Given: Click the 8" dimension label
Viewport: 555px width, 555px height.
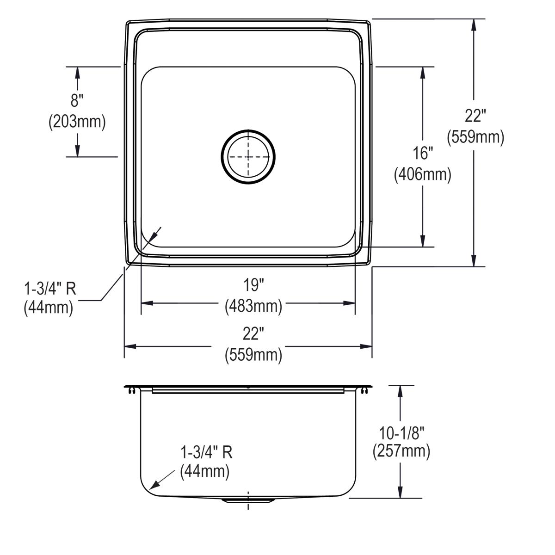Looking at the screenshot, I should click(x=77, y=100).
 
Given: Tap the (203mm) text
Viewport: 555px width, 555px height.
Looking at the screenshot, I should click(x=77, y=122).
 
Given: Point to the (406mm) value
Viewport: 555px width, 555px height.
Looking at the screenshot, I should click(x=423, y=174).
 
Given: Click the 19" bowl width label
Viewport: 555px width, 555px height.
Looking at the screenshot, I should click(x=253, y=285).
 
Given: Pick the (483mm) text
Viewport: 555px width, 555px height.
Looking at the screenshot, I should click(x=253, y=306).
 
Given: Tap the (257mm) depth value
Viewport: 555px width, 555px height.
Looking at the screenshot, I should click(x=401, y=451).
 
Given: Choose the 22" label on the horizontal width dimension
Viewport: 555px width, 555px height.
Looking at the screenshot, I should click(x=253, y=333).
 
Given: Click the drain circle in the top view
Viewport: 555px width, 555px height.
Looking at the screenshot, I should click(x=248, y=157).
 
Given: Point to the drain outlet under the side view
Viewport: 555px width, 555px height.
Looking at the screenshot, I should click(x=248, y=500).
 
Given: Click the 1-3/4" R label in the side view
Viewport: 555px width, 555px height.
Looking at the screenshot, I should click(x=206, y=452).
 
